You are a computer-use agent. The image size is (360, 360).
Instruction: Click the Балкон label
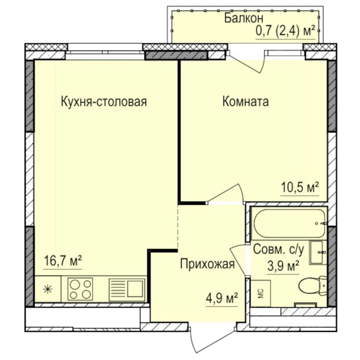[x=244, y=17]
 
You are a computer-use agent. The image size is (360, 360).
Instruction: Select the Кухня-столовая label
[x=103, y=102]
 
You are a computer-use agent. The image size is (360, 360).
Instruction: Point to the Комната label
[x=245, y=102]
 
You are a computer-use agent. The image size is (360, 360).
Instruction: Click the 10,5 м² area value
[x=300, y=187]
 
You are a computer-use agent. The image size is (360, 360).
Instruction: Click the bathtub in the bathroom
[x=288, y=223]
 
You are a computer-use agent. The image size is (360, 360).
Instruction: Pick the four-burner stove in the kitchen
[x=80, y=288]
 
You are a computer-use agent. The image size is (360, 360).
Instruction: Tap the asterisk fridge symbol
[x=47, y=289]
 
